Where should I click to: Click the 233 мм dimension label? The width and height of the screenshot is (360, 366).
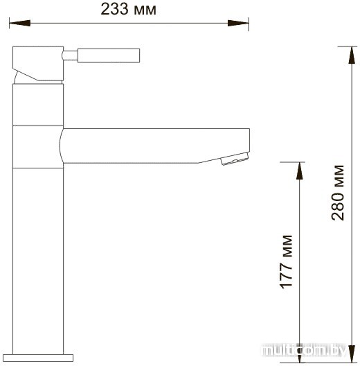(129, 9)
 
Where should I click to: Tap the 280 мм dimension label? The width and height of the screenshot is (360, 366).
(338, 193)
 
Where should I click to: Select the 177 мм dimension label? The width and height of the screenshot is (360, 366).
(286, 262)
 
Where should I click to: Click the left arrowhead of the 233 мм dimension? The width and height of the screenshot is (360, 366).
(19, 23)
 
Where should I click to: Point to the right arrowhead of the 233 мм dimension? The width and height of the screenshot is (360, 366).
(238, 23)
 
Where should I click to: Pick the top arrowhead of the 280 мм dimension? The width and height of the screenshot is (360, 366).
(352, 55)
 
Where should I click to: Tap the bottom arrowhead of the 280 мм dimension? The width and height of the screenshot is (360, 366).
(352, 354)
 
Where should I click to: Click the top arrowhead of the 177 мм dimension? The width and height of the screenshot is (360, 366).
(300, 171)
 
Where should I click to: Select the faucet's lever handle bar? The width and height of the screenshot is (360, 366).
(109, 55)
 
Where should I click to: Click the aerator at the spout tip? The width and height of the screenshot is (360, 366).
(235, 159)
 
